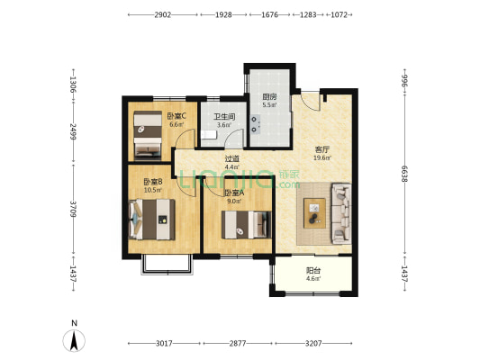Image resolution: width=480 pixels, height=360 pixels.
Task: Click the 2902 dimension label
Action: (162, 14)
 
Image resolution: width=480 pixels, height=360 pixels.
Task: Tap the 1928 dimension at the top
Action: (223, 14)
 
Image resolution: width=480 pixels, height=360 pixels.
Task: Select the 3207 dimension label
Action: (313, 344)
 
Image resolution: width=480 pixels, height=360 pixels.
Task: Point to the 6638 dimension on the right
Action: (404, 174)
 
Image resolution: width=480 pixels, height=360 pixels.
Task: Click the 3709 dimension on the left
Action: (73, 209)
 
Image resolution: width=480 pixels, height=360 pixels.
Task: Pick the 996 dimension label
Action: (404, 81)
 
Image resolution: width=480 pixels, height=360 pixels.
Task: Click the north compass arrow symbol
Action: (74, 341)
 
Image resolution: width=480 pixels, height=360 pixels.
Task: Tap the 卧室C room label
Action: (177, 116)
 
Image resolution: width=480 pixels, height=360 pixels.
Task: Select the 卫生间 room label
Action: (224, 117)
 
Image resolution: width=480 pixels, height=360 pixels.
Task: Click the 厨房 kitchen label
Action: (269, 97)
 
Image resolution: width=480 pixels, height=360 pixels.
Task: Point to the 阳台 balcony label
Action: (313, 271)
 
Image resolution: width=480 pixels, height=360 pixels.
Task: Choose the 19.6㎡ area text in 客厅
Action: (322, 158)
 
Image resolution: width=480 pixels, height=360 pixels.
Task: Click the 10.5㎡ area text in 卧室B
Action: (153, 190)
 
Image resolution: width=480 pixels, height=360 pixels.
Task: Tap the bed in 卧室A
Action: (247, 225)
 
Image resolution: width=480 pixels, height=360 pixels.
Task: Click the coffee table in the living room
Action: (314, 213)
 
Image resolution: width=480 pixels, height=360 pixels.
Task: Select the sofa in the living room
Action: (341, 213)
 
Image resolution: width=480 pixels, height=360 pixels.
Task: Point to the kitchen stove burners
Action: (255, 124)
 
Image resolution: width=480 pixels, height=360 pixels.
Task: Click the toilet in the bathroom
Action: (209, 135)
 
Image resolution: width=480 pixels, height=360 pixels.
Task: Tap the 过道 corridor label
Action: (231, 159)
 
